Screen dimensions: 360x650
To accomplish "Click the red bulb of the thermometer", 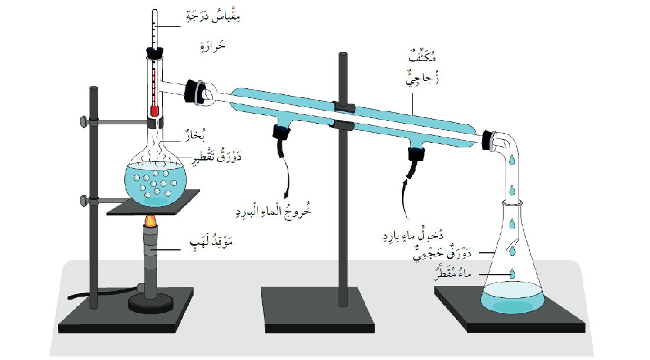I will [155, 111].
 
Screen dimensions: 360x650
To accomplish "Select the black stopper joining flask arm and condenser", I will [193, 91].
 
